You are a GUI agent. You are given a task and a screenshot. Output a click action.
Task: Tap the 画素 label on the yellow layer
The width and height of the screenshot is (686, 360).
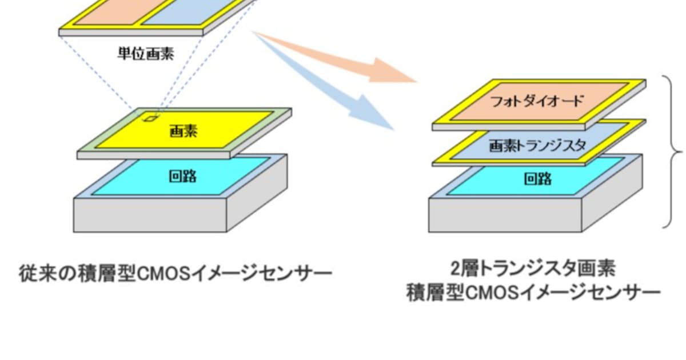coord(184,131)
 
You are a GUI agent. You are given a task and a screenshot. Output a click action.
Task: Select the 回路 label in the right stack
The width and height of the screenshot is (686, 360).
coord(538,179)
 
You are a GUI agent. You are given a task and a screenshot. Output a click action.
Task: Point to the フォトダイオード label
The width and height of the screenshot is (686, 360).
coord(537,101)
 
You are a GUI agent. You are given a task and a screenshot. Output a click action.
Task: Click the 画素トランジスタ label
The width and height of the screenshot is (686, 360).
coord(537,146)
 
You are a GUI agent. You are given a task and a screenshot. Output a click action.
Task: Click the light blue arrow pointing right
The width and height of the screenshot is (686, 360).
coord(337,91)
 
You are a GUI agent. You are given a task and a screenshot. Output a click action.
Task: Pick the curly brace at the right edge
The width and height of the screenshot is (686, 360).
coord(675,151)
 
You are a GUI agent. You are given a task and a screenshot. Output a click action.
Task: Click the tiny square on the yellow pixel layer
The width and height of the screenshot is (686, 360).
coord(149,118)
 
